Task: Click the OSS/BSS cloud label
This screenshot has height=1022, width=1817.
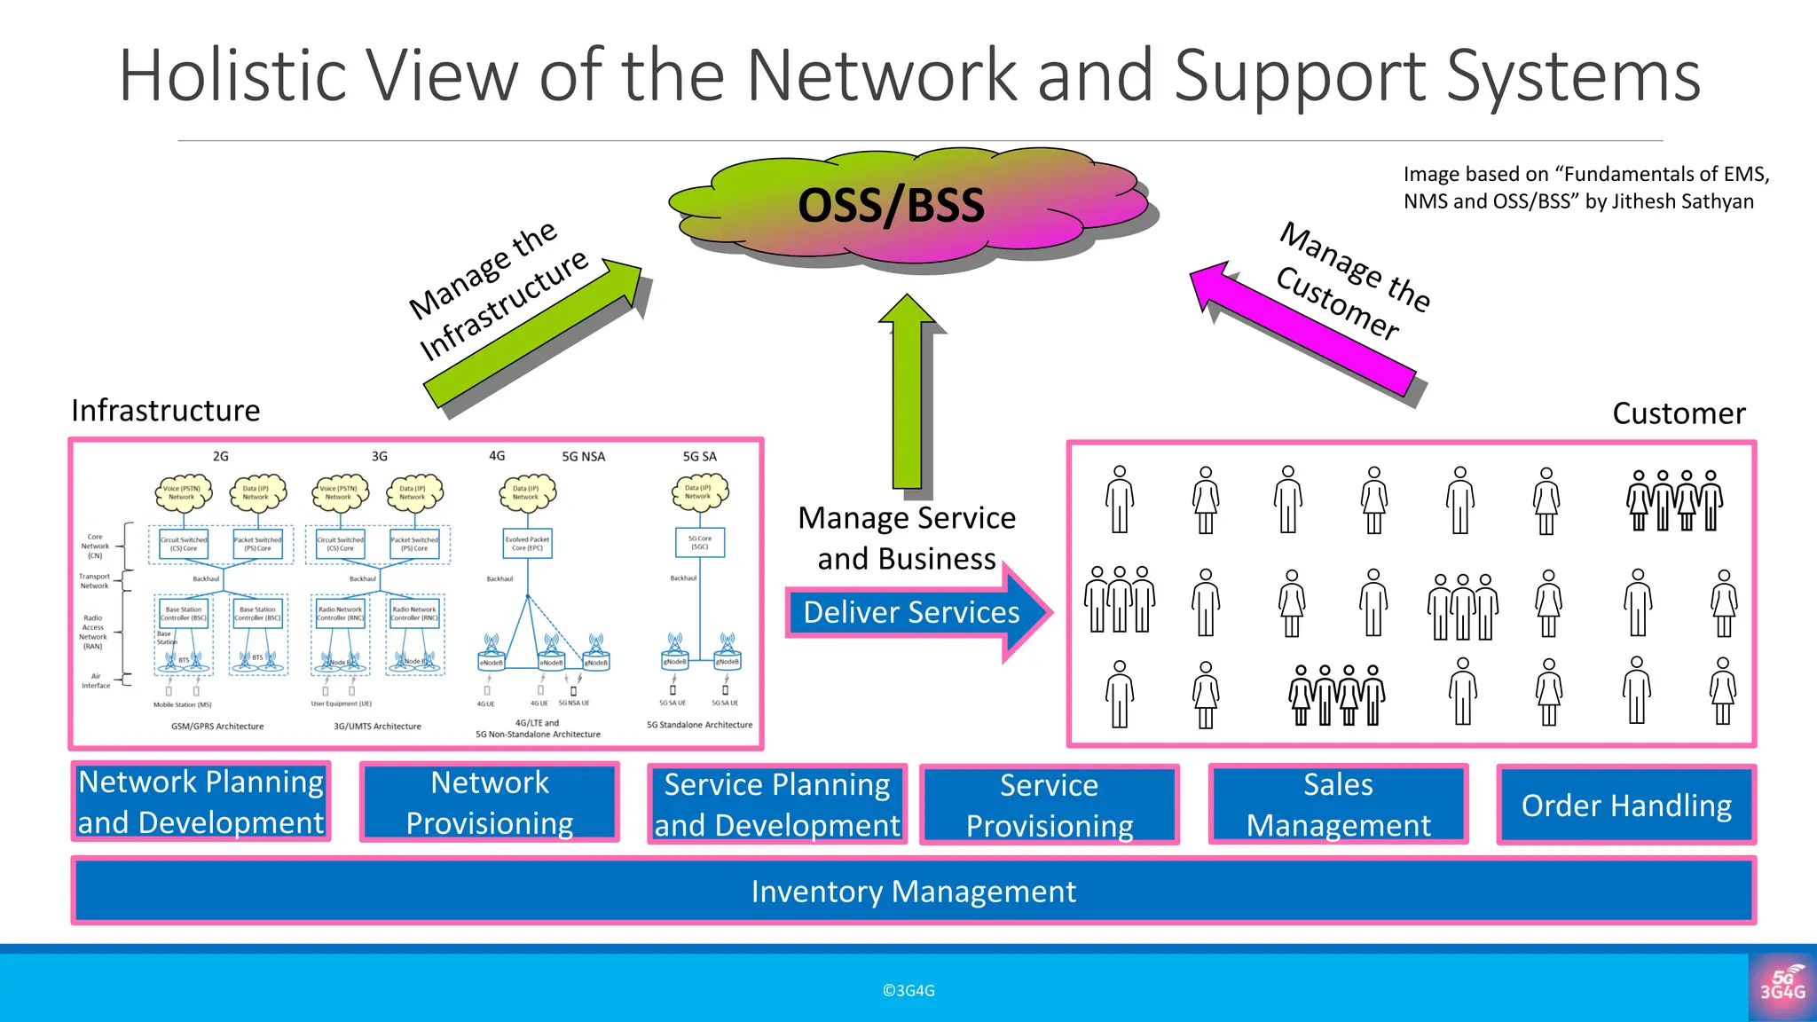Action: [x=891, y=206]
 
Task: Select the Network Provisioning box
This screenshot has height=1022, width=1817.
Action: [x=489, y=803]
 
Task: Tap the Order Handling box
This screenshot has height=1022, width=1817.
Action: [x=1626, y=806]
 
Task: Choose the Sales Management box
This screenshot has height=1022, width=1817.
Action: [x=1338, y=805]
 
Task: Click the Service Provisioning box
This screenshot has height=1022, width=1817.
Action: [x=1050, y=806]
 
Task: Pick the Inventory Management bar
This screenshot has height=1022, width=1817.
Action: [x=913, y=892]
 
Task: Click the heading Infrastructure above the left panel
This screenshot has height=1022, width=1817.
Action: [x=166, y=411]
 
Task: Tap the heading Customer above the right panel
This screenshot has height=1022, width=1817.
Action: [x=1679, y=413]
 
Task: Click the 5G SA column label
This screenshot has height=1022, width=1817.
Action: [x=699, y=457]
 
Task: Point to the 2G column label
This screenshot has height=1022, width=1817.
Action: [x=220, y=457]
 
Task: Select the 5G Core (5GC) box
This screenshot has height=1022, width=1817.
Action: [x=700, y=543]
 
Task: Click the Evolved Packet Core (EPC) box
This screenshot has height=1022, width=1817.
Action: [x=527, y=544]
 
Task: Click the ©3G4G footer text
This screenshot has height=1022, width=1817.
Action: [x=908, y=991]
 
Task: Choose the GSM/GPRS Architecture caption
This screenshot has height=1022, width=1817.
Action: [x=217, y=727]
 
